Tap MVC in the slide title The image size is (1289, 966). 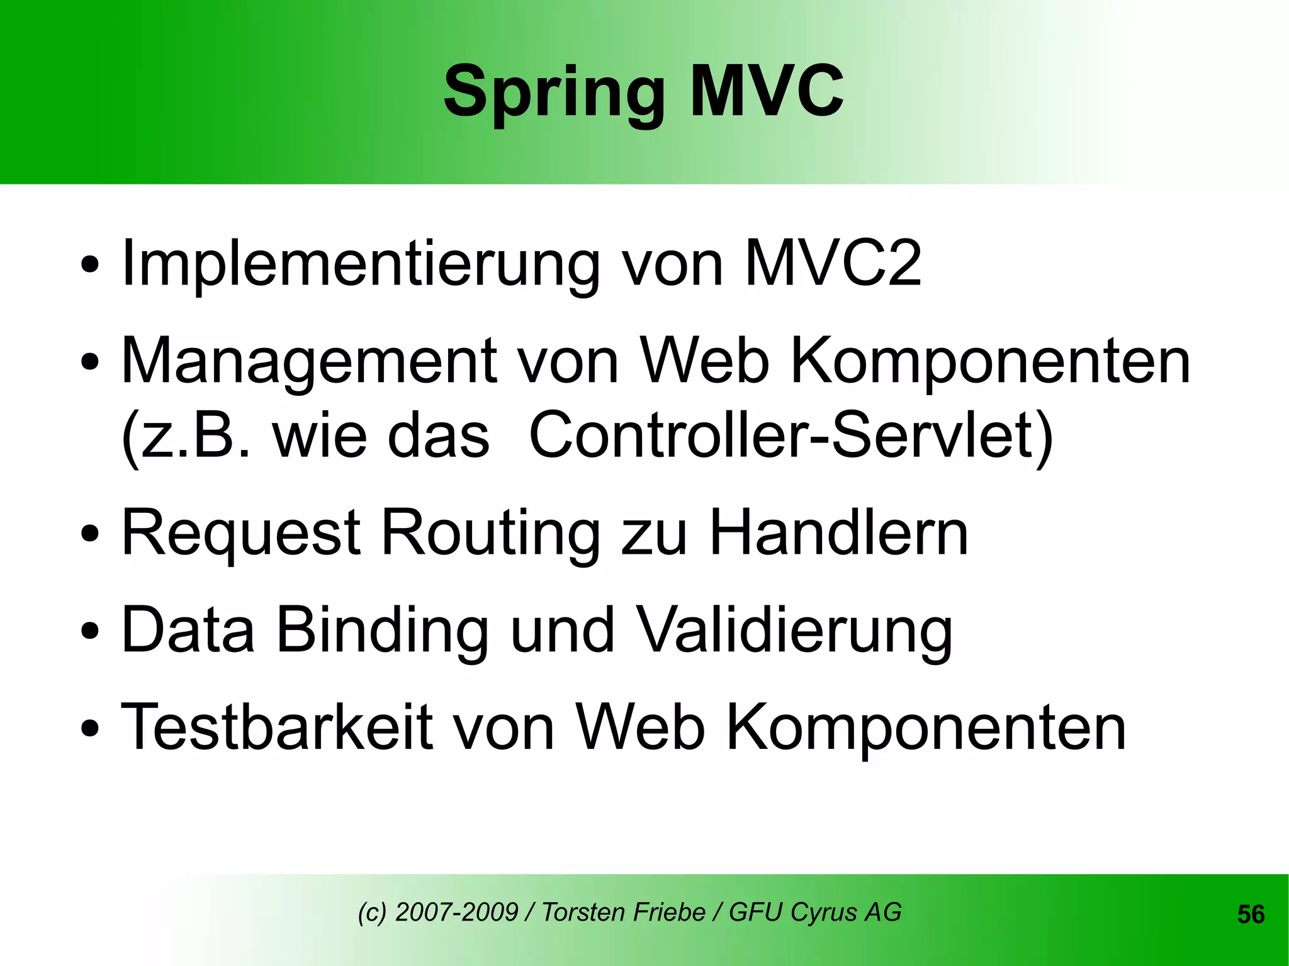point(767,92)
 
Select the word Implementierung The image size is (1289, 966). point(360,264)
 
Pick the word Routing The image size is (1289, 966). point(490,534)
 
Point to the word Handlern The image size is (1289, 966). point(839,533)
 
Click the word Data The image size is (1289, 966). point(188,630)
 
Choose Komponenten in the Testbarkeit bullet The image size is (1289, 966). point(926,729)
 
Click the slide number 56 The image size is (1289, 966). point(1251,914)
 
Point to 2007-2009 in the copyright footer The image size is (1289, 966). point(456,912)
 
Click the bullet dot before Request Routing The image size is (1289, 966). point(90,534)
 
